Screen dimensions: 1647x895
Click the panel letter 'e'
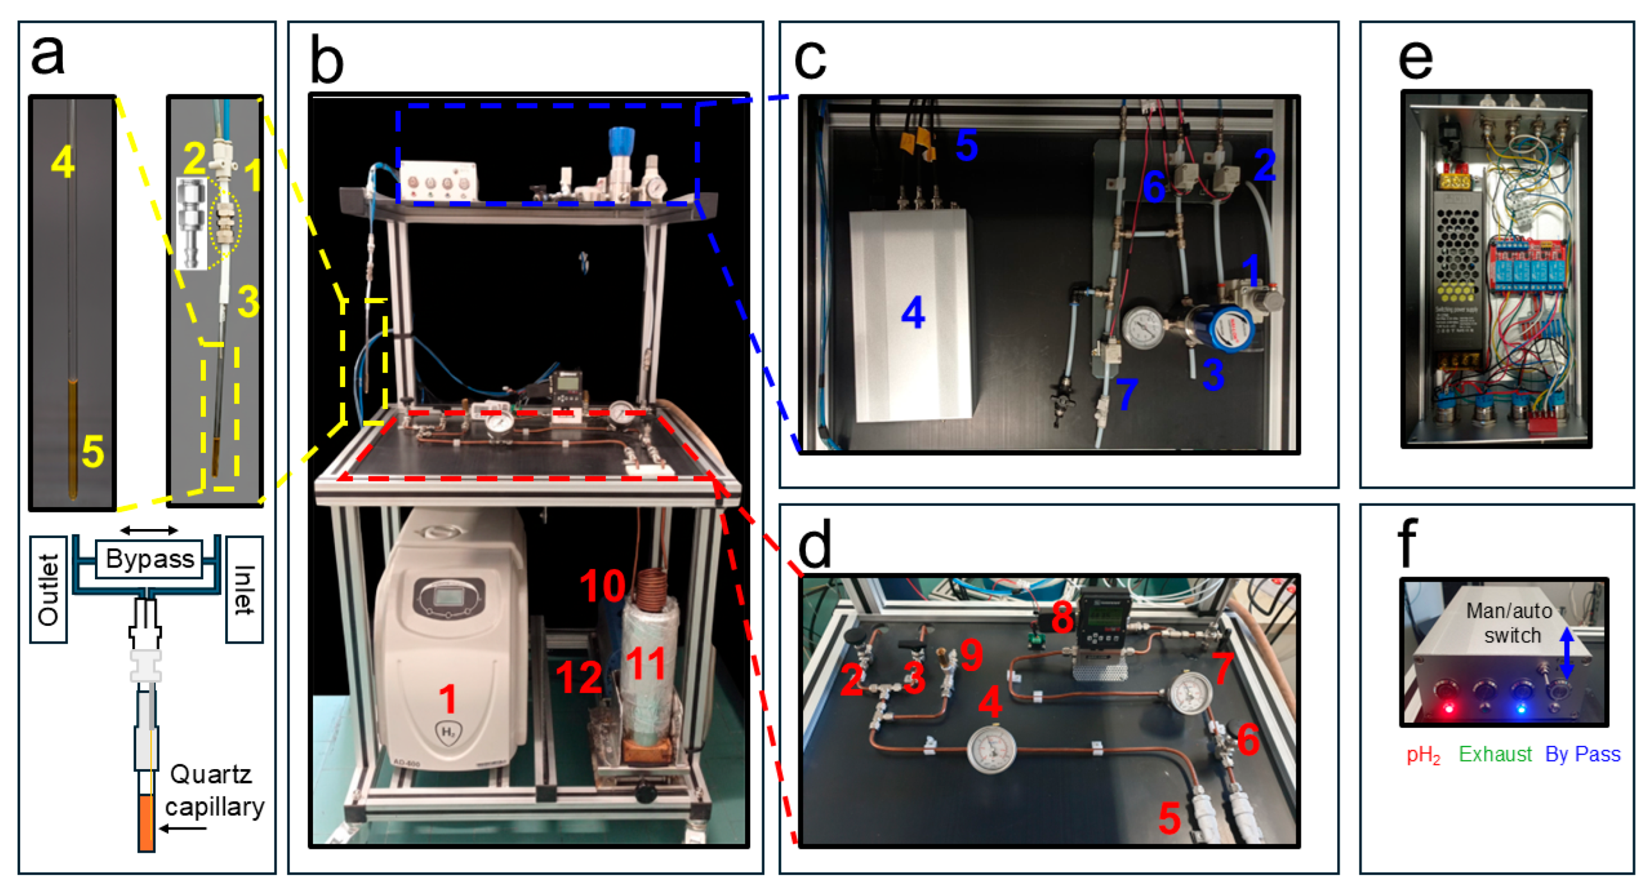(x=1415, y=60)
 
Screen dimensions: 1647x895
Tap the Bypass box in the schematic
(x=150, y=559)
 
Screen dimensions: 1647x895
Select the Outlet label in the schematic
(x=48, y=589)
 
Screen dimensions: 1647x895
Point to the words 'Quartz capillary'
(x=214, y=790)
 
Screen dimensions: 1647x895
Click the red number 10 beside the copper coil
(x=602, y=586)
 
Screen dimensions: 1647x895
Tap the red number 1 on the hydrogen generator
(x=448, y=698)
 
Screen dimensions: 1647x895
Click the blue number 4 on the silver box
(x=912, y=313)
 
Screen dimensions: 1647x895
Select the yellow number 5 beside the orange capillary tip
(x=93, y=452)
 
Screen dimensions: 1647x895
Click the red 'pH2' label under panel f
(x=1423, y=755)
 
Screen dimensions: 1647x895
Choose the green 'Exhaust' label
(x=1495, y=754)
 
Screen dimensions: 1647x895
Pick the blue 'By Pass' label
(x=1583, y=754)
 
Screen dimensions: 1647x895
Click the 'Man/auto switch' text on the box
(x=1511, y=623)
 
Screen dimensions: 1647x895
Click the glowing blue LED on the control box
(x=1521, y=708)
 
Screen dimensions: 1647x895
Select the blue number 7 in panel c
(x=1126, y=393)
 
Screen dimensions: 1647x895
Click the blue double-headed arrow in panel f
(x=1566, y=652)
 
